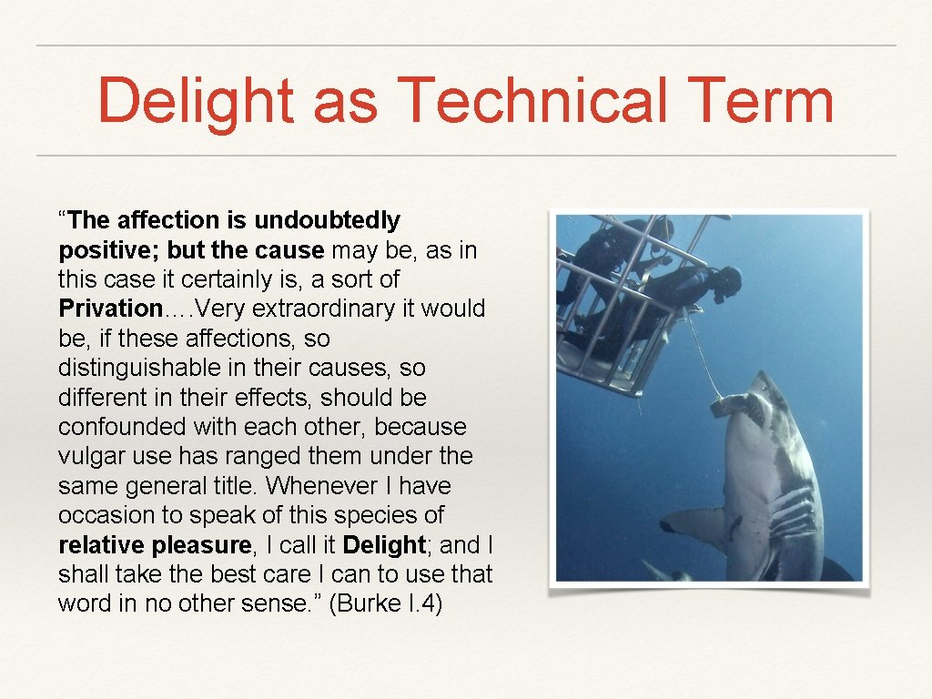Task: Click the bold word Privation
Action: coord(109,308)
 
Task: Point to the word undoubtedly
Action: coord(327,220)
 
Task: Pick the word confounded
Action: coord(120,427)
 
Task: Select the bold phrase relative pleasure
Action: coord(155,544)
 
